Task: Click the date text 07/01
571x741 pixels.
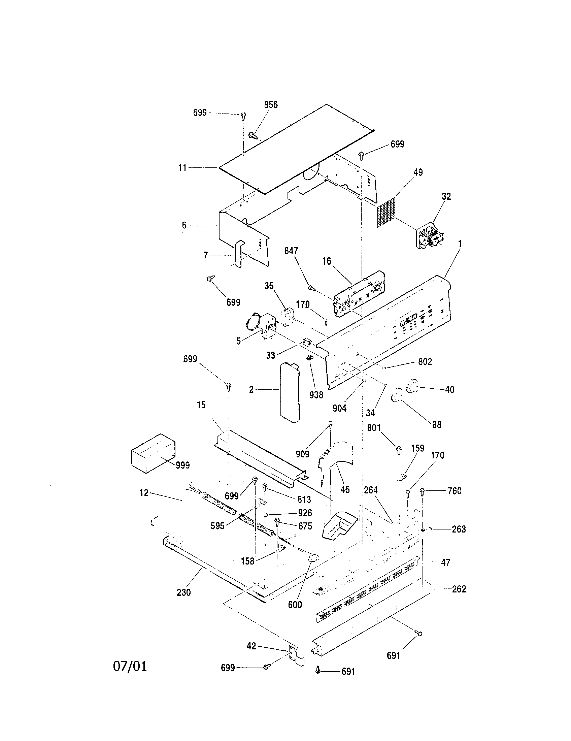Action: click(130, 666)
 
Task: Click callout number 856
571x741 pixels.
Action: click(271, 105)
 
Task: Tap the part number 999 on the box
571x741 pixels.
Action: click(182, 465)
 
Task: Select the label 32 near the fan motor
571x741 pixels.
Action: click(446, 196)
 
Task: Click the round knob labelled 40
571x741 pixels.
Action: click(412, 386)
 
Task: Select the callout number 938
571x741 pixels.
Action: click(316, 394)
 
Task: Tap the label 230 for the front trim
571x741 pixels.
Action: click(183, 592)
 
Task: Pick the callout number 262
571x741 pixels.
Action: click(459, 589)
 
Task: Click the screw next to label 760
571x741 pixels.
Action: click(423, 492)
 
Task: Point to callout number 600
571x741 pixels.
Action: click(295, 605)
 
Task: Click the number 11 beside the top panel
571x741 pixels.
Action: click(183, 168)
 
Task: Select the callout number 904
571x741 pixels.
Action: click(339, 408)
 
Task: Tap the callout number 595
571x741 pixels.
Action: click(217, 525)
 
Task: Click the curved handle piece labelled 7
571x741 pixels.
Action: click(239, 254)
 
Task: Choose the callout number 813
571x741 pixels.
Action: click(304, 499)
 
